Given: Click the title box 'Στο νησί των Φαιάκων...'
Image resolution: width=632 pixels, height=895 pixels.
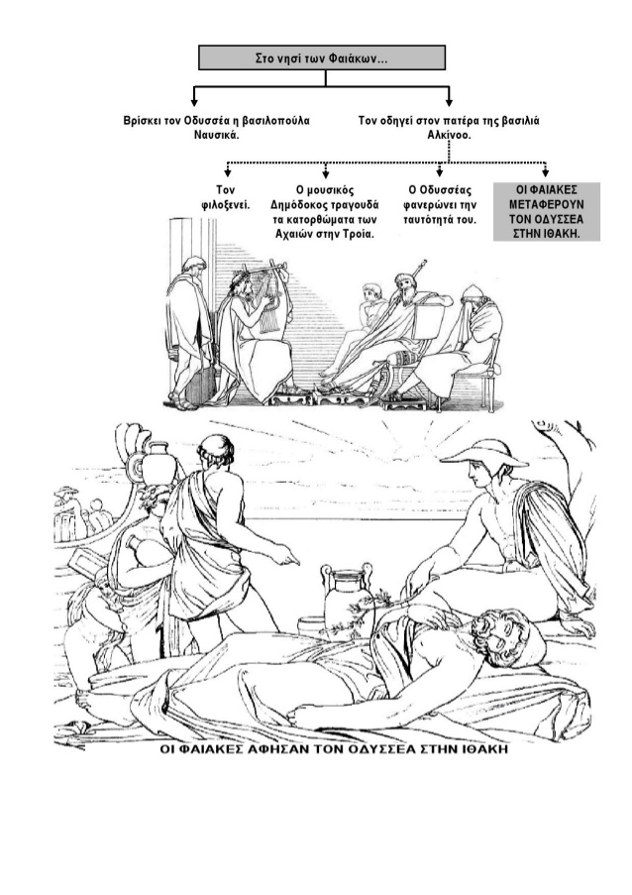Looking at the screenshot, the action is (x=322, y=57).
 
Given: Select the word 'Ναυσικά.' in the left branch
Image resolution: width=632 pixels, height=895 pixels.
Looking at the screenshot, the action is (x=216, y=135).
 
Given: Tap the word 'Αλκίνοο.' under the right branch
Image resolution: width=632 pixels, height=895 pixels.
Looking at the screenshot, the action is (x=450, y=135).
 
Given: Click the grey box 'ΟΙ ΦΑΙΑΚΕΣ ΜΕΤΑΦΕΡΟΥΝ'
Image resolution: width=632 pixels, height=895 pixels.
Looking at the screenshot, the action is (x=547, y=212).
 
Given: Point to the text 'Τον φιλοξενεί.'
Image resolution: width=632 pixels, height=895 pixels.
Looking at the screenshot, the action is (x=225, y=197).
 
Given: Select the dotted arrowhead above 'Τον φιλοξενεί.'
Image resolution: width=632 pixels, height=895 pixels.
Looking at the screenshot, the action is (x=228, y=172).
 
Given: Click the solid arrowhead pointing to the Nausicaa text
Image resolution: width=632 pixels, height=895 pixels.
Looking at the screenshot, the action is (x=194, y=102).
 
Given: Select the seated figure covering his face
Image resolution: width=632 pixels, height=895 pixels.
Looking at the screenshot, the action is (x=468, y=343).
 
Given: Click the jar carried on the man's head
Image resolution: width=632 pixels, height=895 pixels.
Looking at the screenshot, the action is (x=159, y=463).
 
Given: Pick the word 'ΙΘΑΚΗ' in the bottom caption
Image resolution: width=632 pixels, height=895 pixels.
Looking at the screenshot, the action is (x=484, y=749).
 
